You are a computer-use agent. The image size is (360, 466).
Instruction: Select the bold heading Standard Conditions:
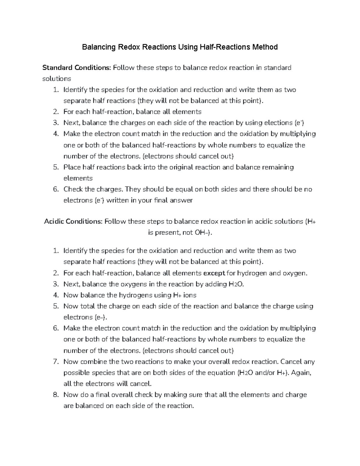pos(76,68)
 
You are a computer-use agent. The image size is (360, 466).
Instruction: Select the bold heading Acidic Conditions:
pos(73,221)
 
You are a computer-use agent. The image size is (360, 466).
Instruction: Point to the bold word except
pos(214,273)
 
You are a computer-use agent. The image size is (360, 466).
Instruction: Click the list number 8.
pos(55,395)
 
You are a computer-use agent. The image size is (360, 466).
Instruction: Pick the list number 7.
pos(55,362)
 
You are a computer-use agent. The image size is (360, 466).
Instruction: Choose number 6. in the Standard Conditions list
pos(55,189)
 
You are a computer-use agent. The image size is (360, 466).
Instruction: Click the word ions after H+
pos(190,295)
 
